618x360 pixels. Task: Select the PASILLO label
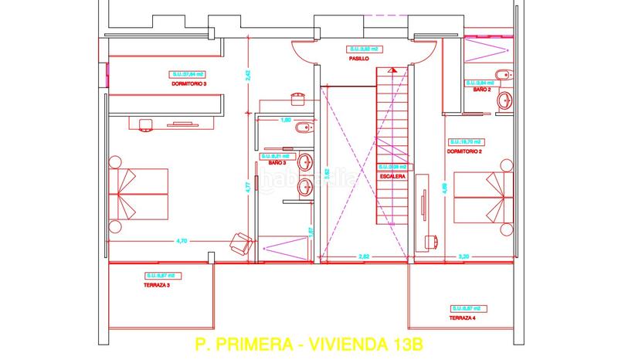point(359,58)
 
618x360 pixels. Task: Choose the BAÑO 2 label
point(481,90)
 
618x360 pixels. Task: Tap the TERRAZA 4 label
point(463,318)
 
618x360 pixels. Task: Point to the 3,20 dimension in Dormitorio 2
point(463,256)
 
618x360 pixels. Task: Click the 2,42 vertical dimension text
point(249,75)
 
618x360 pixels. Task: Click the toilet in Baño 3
point(303,127)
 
